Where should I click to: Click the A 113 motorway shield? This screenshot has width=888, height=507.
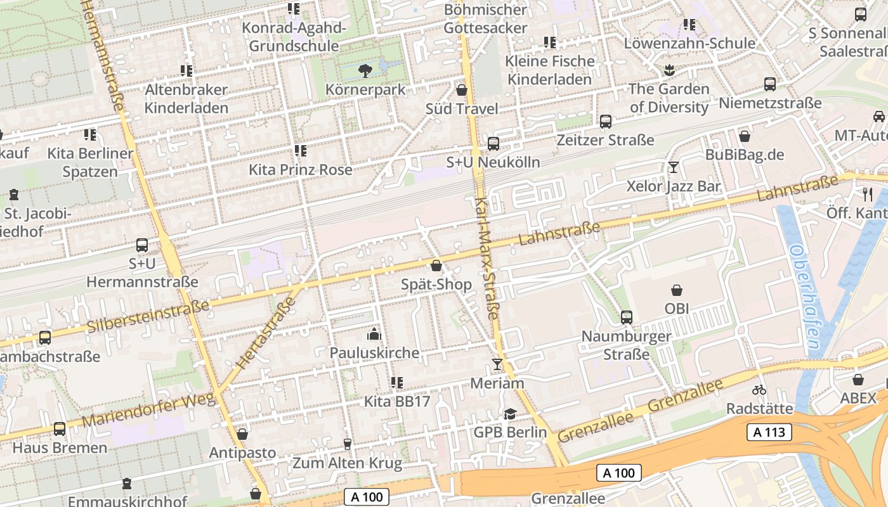[x=769, y=433]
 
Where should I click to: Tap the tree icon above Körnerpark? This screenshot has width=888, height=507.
[x=365, y=70]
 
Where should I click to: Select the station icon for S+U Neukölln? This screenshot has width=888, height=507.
[x=493, y=144]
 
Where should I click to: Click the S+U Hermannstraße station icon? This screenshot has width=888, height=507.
[x=142, y=245]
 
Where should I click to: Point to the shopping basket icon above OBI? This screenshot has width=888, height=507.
[x=677, y=291]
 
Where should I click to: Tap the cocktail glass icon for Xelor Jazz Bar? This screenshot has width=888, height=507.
[x=674, y=167]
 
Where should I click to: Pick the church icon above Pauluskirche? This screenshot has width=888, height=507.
[x=374, y=334]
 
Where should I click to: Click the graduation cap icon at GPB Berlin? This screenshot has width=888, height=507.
[x=510, y=414]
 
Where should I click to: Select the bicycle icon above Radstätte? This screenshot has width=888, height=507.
[x=759, y=390]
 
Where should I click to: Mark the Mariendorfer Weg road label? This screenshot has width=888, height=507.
[x=149, y=411]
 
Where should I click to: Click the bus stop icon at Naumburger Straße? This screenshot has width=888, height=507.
[x=627, y=317]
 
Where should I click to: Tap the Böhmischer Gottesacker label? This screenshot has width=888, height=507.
[x=485, y=18]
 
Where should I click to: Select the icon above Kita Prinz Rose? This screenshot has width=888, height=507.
[x=301, y=151]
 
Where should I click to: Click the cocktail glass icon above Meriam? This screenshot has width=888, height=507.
[x=497, y=364]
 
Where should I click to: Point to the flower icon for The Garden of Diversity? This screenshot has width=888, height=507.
[x=669, y=70]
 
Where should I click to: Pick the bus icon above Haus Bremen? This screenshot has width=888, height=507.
[x=60, y=429]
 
